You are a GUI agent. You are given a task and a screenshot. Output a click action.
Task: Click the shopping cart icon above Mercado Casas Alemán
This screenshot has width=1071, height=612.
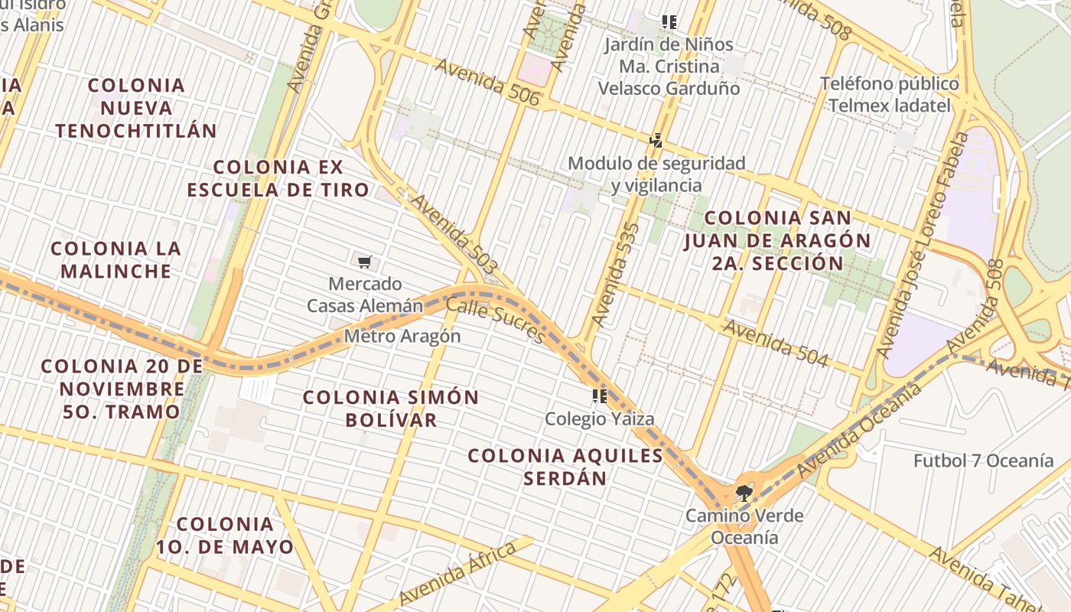tap(365, 262)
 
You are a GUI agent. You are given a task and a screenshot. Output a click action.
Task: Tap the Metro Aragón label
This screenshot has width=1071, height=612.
tap(402, 336)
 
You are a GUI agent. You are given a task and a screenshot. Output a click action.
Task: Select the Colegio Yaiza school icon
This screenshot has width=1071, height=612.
tap(599, 396)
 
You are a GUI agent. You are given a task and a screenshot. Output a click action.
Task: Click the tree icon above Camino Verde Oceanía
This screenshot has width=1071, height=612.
tap(743, 493)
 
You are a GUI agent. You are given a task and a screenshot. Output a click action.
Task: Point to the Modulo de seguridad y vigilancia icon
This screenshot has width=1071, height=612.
tap(656, 141)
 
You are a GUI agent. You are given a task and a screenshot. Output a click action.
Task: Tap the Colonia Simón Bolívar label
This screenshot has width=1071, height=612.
tap(391, 409)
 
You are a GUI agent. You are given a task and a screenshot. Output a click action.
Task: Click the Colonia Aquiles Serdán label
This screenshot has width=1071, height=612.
tap(565, 467)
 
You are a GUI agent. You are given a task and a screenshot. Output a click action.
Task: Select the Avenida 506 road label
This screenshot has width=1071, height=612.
tap(487, 83)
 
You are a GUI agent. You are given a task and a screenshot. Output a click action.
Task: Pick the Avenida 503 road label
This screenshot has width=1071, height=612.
tap(454, 234)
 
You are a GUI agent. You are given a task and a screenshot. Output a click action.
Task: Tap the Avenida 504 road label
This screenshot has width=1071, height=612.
tap(775, 343)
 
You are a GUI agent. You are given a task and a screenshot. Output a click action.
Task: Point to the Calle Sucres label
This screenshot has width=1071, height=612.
tap(495, 320)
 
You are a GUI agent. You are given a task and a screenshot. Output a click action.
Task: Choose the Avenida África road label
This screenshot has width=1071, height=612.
tap(457, 574)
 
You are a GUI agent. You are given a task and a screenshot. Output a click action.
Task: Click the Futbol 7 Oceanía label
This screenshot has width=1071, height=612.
tap(983, 461)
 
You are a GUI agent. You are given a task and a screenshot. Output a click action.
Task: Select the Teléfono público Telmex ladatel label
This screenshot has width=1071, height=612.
tap(889, 94)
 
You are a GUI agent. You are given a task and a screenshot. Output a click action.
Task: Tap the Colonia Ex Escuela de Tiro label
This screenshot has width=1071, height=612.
tap(278, 178)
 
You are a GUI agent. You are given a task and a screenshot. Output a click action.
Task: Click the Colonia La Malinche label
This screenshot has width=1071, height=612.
tap(116, 259)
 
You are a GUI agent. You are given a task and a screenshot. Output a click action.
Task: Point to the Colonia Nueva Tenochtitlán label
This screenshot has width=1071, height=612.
tap(136, 108)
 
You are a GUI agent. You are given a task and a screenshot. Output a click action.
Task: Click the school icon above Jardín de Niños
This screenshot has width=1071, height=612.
tap(669, 22)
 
